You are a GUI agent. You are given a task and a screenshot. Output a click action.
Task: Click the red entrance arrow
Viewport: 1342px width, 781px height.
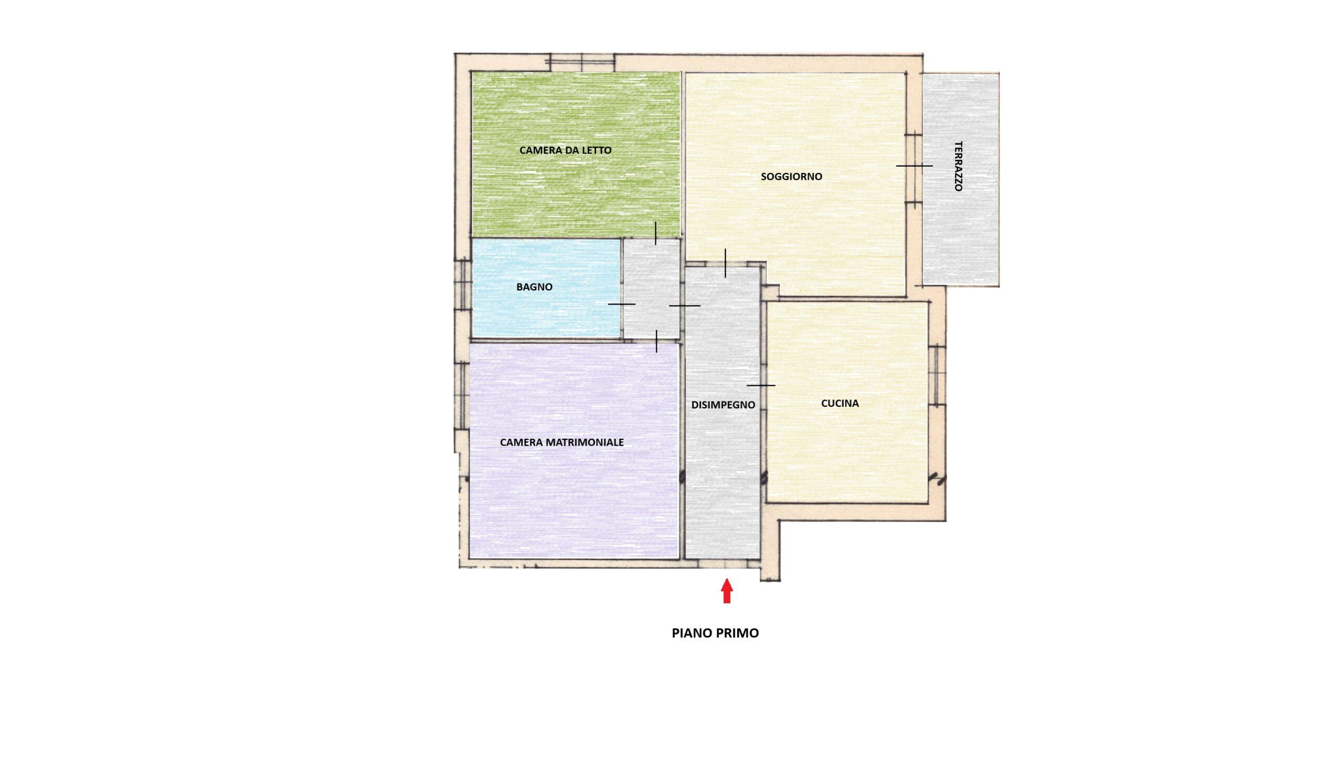coord(727,591)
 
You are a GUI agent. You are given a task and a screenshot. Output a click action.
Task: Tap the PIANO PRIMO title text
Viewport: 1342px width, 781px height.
coord(715,633)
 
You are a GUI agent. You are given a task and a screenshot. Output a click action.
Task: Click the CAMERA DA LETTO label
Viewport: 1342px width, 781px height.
coord(566,150)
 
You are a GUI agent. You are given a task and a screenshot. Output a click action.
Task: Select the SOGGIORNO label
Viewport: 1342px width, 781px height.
coord(792,176)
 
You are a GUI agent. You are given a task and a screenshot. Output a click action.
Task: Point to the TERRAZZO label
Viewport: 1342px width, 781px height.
coord(959,166)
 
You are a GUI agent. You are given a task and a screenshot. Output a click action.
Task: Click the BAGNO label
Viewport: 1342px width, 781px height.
coord(534,287)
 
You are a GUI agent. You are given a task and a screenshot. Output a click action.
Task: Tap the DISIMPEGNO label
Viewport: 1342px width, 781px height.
coord(723,405)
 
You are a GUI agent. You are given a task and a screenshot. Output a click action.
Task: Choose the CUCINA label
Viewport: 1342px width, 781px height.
coord(840,404)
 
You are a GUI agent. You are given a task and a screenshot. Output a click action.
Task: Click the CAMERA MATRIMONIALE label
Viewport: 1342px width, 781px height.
coord(562,442)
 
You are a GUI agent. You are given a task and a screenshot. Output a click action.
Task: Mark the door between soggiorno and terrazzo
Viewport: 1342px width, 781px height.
coord(914,166)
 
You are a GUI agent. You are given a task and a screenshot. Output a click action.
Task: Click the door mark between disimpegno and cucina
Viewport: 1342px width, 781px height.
coord(761,385)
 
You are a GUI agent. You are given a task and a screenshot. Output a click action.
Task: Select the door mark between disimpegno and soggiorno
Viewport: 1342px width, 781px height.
coord(726,263)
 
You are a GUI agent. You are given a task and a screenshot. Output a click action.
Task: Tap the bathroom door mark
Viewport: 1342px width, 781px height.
coord(622,304)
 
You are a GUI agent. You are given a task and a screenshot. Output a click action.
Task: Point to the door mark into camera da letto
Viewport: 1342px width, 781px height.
coord(656,233)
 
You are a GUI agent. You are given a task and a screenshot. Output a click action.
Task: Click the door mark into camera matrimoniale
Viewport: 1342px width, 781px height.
coord(657,341)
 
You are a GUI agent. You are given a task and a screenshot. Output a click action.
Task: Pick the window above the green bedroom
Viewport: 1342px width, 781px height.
coord(582,62)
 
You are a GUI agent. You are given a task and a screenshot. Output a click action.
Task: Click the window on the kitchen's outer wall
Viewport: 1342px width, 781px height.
coord(937,375)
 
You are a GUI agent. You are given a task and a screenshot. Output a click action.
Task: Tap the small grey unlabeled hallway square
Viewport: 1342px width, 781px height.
coord(652,288)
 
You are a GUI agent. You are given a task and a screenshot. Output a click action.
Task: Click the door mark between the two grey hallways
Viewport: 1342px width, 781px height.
coord(684,306)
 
